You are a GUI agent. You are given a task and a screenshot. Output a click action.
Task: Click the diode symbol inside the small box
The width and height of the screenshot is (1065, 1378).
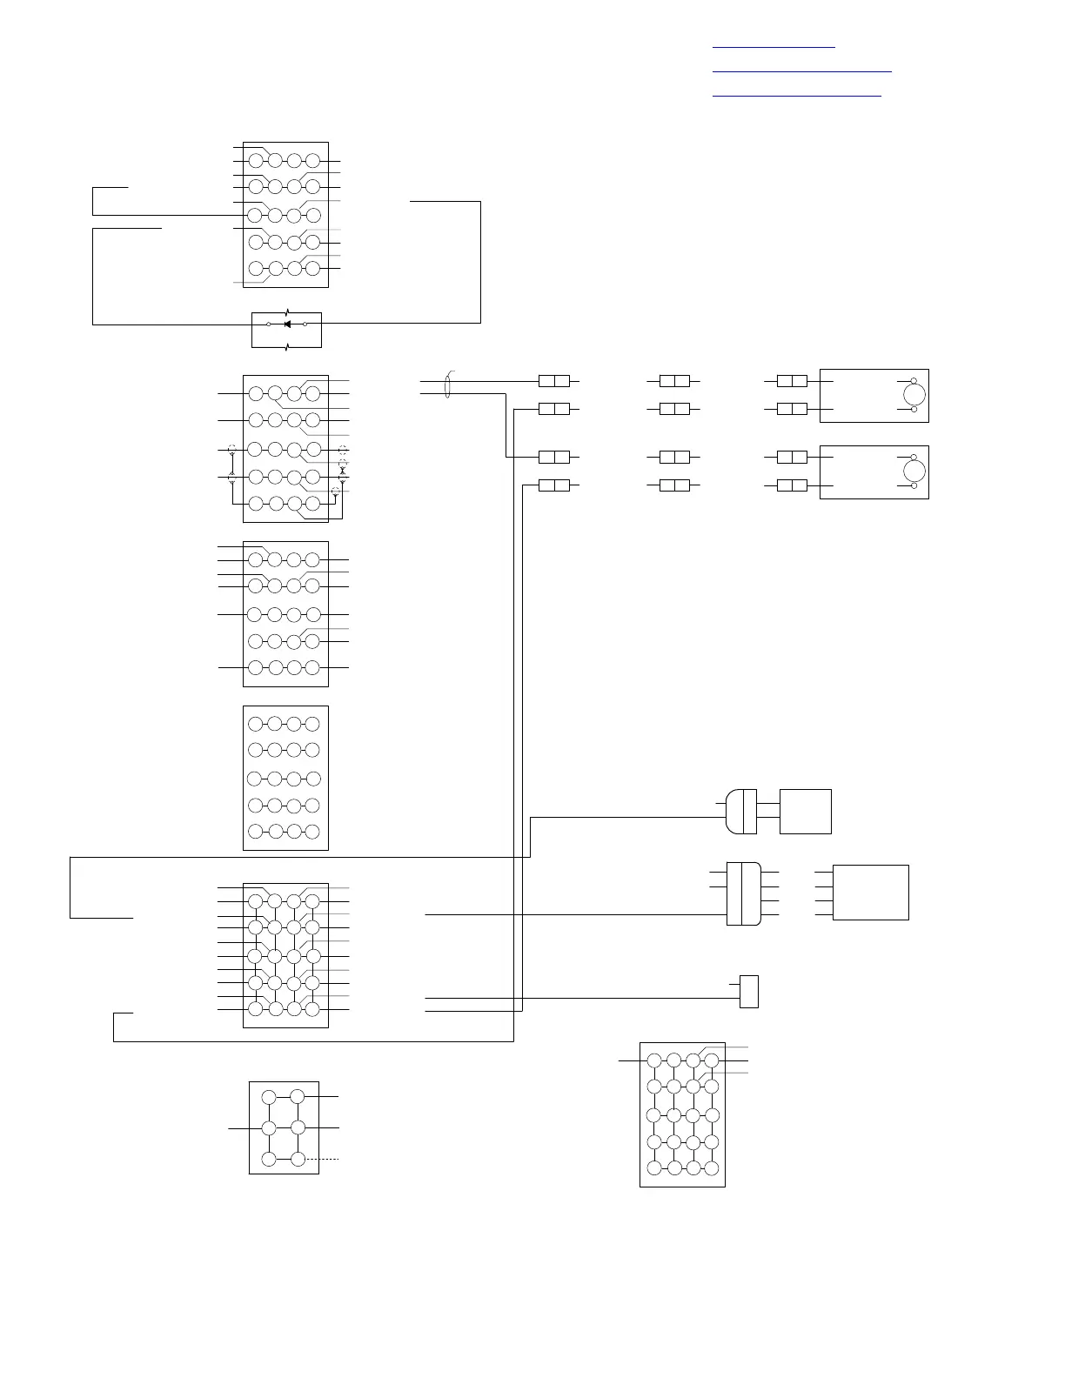coord(286,324)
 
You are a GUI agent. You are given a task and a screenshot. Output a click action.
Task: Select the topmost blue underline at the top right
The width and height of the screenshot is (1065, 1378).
coord(773,47)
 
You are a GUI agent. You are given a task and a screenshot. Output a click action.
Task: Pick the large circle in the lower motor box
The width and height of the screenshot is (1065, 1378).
coord(914,472)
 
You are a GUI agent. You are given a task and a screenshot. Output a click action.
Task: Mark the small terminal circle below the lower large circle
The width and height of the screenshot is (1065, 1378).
coord(914,486)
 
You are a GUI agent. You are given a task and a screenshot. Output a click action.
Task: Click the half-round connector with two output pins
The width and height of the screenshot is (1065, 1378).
coord(740,811)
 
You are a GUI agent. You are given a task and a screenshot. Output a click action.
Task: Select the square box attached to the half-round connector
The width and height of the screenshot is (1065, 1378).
coord(805,811)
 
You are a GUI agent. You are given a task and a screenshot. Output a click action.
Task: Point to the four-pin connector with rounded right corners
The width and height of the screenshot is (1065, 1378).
coord(743,893)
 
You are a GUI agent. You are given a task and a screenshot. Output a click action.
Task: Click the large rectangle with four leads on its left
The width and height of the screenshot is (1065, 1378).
coord(870,892)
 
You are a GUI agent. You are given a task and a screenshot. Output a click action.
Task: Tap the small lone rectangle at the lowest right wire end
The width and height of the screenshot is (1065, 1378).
coord(748,992)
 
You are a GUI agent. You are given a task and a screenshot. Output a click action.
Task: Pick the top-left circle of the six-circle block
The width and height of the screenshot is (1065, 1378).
coord(269,1097)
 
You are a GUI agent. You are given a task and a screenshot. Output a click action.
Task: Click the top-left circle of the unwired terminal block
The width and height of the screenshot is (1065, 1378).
coord(255,724)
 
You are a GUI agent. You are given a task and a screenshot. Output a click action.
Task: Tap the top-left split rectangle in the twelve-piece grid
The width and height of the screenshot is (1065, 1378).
coord(554,381)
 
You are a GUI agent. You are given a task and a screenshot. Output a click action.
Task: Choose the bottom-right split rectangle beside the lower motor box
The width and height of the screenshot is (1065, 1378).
coord(792,485)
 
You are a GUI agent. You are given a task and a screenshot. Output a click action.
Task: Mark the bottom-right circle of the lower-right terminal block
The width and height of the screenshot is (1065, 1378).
coord(712,1167)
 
